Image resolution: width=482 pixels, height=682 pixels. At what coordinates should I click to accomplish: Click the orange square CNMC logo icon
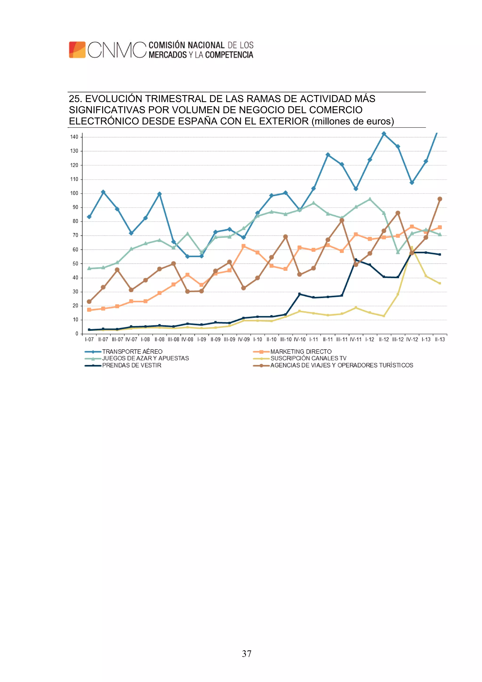pos(77,50)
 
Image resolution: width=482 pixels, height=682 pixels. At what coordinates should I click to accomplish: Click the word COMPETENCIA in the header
pos(229,55)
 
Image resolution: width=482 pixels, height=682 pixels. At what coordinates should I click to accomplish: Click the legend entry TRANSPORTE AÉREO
pos(132,351)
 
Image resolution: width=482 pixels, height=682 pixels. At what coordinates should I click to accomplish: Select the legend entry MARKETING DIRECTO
pos(301,351)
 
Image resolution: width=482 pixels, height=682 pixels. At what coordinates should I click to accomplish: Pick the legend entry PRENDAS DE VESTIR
pos(132,365)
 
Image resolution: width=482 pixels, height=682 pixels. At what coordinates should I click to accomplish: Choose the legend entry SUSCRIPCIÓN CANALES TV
pos(308,358)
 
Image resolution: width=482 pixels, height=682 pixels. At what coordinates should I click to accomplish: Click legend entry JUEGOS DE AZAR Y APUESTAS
pos(145,358)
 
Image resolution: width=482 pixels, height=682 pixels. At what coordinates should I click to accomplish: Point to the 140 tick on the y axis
pos(74,137)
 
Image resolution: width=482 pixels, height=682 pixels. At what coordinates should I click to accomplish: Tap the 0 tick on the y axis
pos(77,334)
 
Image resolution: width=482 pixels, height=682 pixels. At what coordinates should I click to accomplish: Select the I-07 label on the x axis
pos(89,339)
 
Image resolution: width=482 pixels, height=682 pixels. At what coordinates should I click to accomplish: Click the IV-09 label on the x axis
pos(244,339)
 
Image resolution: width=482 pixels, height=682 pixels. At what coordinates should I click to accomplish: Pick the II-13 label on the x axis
pos(440,339)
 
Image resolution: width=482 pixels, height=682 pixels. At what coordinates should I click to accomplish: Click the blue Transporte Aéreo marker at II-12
pos(384,134)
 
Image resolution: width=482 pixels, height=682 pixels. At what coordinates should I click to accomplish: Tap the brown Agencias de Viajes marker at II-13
pos(440,199)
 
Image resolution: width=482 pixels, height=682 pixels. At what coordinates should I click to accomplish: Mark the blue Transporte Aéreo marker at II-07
pos(103,192)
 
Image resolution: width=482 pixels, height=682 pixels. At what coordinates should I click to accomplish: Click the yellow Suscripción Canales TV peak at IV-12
pos(412,247)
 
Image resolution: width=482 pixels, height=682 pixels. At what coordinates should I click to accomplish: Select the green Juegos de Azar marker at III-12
pos(398,252)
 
